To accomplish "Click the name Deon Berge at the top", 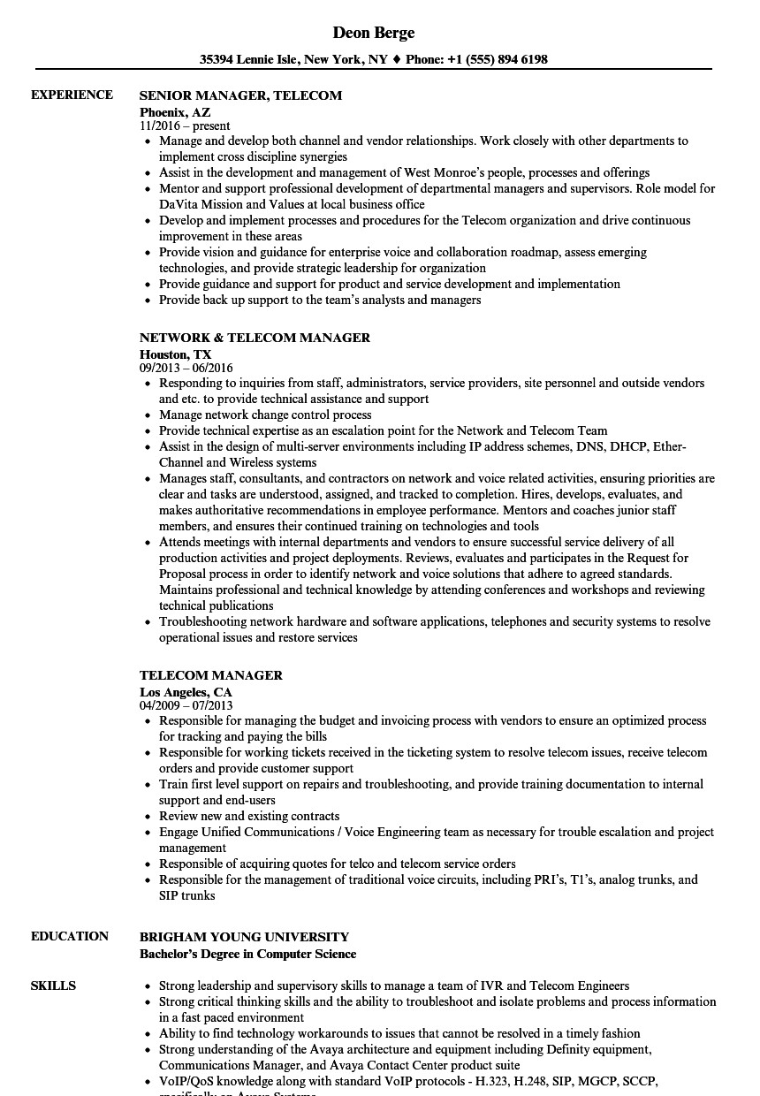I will point(374,33).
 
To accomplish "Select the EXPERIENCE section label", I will point(72,95).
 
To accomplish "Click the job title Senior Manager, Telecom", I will point(240,95).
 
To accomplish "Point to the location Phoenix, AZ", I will point(175,112).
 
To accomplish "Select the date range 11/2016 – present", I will point(185,126).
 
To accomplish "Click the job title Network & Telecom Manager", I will point(255,338).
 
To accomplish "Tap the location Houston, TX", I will point(175,354).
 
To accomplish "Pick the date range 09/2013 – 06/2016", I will point(186,368).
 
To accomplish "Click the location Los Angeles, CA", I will point(186,692).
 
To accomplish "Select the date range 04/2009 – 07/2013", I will point(186,705).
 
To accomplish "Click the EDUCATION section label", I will point(70,936).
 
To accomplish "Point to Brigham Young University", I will point(244,937).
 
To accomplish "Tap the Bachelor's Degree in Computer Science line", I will point(247,954).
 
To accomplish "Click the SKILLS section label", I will point(53,986).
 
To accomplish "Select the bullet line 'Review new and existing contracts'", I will point(249,816).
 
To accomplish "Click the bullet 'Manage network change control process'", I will point(265,415).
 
